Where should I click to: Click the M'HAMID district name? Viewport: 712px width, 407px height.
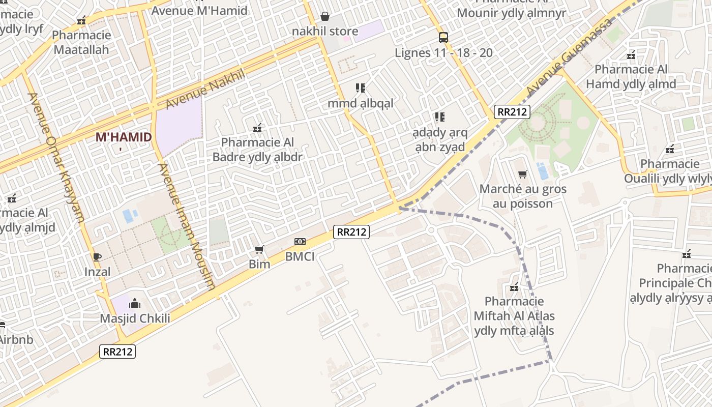point(124,137)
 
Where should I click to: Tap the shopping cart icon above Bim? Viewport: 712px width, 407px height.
point(259,249)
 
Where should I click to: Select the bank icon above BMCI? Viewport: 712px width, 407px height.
point(300,242)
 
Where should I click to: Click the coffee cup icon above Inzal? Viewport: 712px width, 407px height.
point(97,257)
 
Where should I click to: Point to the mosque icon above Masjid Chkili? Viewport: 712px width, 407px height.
point(135,303)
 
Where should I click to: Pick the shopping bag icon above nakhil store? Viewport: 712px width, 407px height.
point(325,17)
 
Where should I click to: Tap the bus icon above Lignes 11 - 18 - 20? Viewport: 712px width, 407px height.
point(443,37)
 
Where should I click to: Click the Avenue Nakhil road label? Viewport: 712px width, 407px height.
point(205,89)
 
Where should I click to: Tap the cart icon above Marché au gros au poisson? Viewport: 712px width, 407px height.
point(522,175)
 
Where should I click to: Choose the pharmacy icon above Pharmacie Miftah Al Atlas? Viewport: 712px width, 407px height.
point(514,287)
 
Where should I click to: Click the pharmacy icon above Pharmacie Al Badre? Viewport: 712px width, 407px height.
point(258,127)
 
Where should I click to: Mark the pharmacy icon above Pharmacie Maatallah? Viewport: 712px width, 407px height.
point(81,20)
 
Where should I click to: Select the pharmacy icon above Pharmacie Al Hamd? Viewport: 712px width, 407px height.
point(631,54)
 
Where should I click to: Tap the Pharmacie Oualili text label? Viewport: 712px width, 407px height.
point(669,171)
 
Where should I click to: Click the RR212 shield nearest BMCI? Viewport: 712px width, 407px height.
point(351,232)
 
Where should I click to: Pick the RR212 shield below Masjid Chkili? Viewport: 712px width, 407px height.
point(117,351)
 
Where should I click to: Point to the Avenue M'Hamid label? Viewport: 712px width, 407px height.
point(199,10)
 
